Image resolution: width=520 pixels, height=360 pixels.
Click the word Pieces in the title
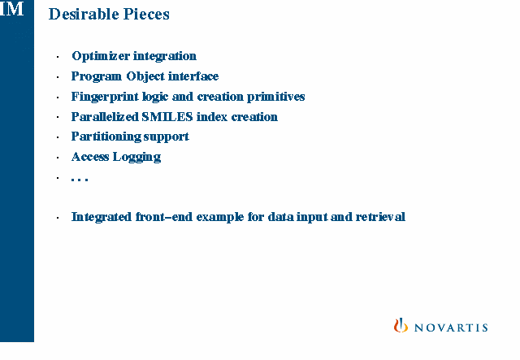pyautogui.click(x=146, y=15)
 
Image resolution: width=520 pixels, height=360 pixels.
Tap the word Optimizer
pyautogui.click(x=101, y=56)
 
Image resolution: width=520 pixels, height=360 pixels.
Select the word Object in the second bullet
pyautogui.click(x=145, y=76)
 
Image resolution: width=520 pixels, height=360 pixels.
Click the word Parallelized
pyautogui.click(x=105, y=117)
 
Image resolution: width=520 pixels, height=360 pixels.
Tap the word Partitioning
pyautogui.click(x=106, y=137)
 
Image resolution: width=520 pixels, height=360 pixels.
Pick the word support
pyautogui.click(x=166, y=137)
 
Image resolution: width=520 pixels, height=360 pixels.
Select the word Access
pyautogui.click(x=90, y=157)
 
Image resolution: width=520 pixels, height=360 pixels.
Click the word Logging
pyautogui.click(x=136, y=157)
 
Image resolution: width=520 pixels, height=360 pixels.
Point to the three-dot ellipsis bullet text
pyautogui.click(x=80, y=180)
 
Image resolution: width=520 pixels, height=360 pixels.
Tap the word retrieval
pyautogui.click(x=380, y=217)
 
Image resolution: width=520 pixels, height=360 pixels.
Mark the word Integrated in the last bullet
pyautogui.click(x=102, y=217)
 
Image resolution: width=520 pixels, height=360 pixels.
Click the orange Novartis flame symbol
pyautogui.click(x=401, y=325)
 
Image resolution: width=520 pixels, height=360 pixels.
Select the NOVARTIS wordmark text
pyautogui.click(x=451, y=327)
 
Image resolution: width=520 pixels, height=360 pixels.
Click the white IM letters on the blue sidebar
pyautogui.click(x=13, y=9)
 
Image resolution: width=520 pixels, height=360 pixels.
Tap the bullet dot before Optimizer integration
pyautogui.click(x=58, y=57)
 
